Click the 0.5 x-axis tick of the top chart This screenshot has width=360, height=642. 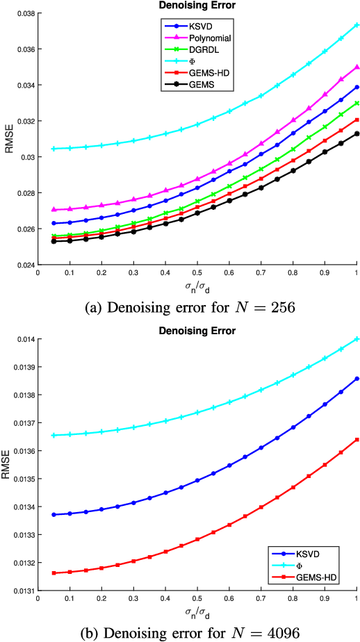click(197, 274)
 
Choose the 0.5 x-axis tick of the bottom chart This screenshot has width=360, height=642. click(197, 600)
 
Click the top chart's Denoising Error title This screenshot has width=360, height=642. click(197, 6)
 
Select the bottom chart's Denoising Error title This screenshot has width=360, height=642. click(197, 330)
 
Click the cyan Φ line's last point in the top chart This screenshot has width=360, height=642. click(357, 24)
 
